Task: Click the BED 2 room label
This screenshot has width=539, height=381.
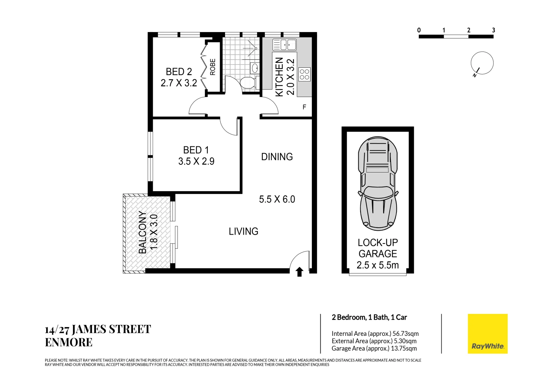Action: [x=178, y=72]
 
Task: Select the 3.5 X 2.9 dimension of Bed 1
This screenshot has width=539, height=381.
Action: [x=196, y=161]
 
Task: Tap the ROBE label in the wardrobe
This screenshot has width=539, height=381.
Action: [x=213, y=67]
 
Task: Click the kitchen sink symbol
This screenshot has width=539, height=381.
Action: [x=284, y=45]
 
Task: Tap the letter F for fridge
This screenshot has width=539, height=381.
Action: [x=304, y=107]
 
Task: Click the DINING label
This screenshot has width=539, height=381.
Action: [x=277, y=157]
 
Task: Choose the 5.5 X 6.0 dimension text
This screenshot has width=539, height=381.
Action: [x=277, y=199]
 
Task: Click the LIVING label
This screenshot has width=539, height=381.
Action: [x=243, y=231]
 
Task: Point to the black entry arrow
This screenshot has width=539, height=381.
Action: [x=299, y=272]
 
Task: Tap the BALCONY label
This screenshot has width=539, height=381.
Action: [x=143, y=232]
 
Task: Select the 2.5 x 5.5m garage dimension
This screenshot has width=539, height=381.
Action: [x=377, y=265]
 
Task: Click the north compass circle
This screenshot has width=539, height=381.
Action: [x=482, y=63]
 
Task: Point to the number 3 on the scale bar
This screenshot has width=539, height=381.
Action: [x=493, y=30]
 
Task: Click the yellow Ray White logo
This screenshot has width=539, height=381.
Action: [x=487, y=334]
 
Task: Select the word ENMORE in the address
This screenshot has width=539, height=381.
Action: [x=69, y=342]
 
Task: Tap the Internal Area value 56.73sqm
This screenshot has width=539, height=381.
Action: [x=406, y=334]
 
